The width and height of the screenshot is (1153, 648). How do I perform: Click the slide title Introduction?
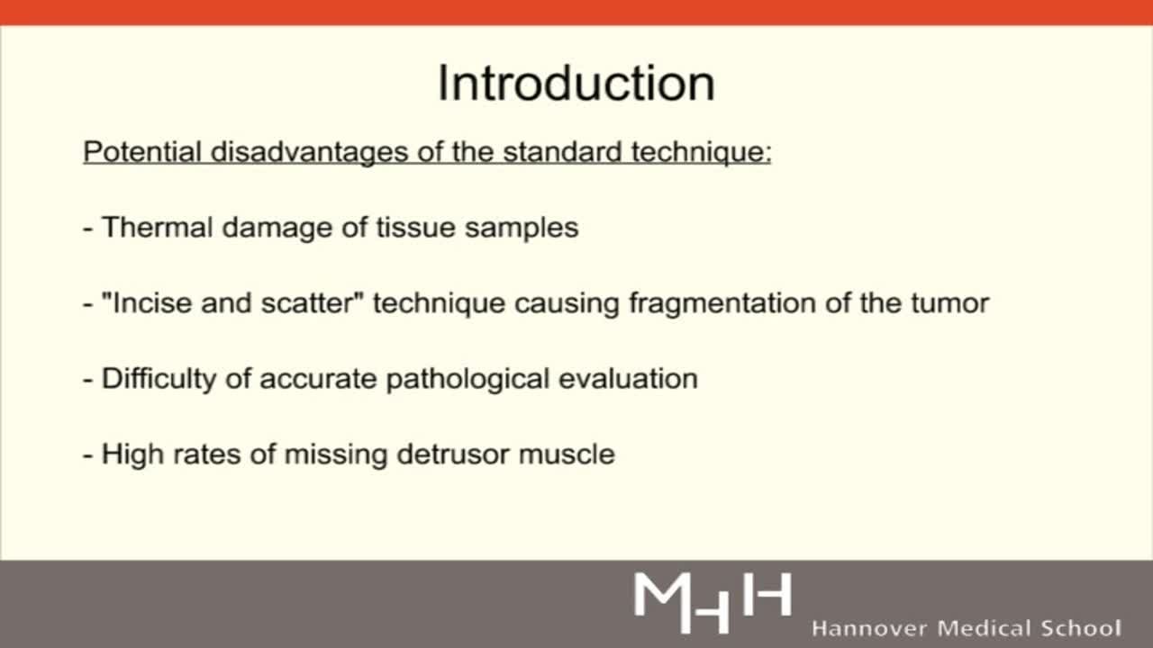(x=576, y=83)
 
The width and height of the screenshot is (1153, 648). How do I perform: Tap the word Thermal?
(x=157, y=227)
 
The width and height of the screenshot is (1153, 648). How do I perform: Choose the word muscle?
(x=567, y=454)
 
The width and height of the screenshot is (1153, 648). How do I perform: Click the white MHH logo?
(x=712, y=599)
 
